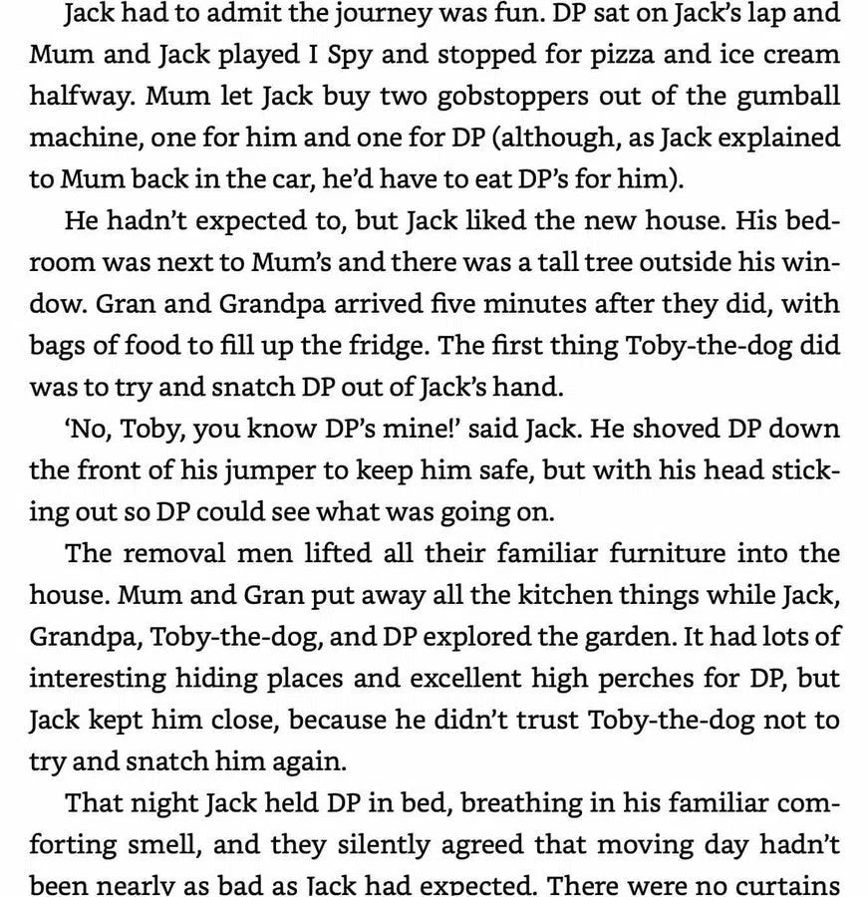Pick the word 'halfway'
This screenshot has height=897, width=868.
coord(71,97)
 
